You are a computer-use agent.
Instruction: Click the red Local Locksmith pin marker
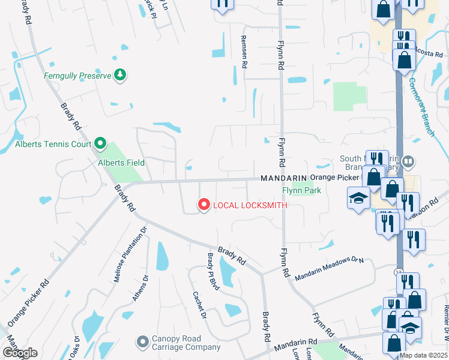click(203, 205)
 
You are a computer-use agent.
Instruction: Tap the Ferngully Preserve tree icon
click(121, 74)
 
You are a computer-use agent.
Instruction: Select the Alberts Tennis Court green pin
click(100, 144)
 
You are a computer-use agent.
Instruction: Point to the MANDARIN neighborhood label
click(283, 179)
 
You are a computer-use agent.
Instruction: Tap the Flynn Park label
click(302, 191)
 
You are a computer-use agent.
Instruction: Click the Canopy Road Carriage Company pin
click(142, 341)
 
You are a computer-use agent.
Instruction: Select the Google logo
click(20, 353)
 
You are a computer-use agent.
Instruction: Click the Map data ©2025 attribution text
click(424, 355)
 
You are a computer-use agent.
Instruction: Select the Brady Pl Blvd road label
click(213, 271)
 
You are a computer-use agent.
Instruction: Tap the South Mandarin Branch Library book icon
click(408, 161)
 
